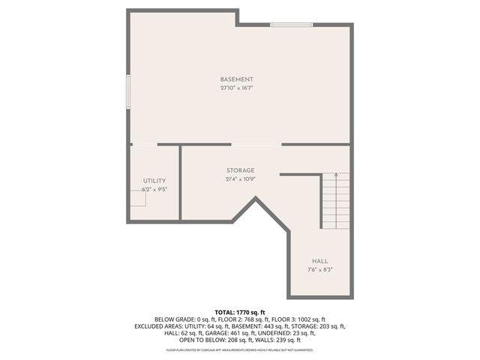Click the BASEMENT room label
point(236,79)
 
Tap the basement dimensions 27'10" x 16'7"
point(236,88)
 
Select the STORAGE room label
point(240,170)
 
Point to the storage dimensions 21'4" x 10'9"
point(240,179)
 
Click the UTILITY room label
point(154,181)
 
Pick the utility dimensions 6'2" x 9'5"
point(154,190)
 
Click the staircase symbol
point(335,200)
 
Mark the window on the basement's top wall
point(292,25)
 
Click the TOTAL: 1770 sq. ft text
point(240,311)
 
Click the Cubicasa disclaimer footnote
point(240,350)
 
